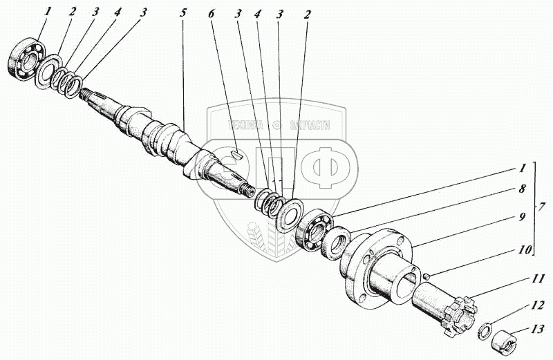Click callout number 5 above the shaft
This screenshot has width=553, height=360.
point(182,15)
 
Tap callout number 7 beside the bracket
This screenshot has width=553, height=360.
point(543,207)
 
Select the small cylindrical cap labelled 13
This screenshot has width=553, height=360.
point(503,341)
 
